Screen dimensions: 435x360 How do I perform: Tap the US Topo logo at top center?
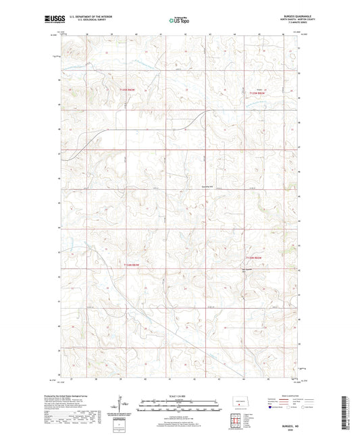(180, 20)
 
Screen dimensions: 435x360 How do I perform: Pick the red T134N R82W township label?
(253, 257)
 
